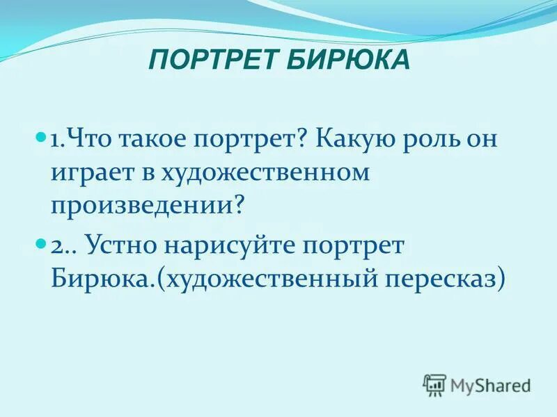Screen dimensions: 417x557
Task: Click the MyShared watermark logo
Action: coord(477,384)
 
